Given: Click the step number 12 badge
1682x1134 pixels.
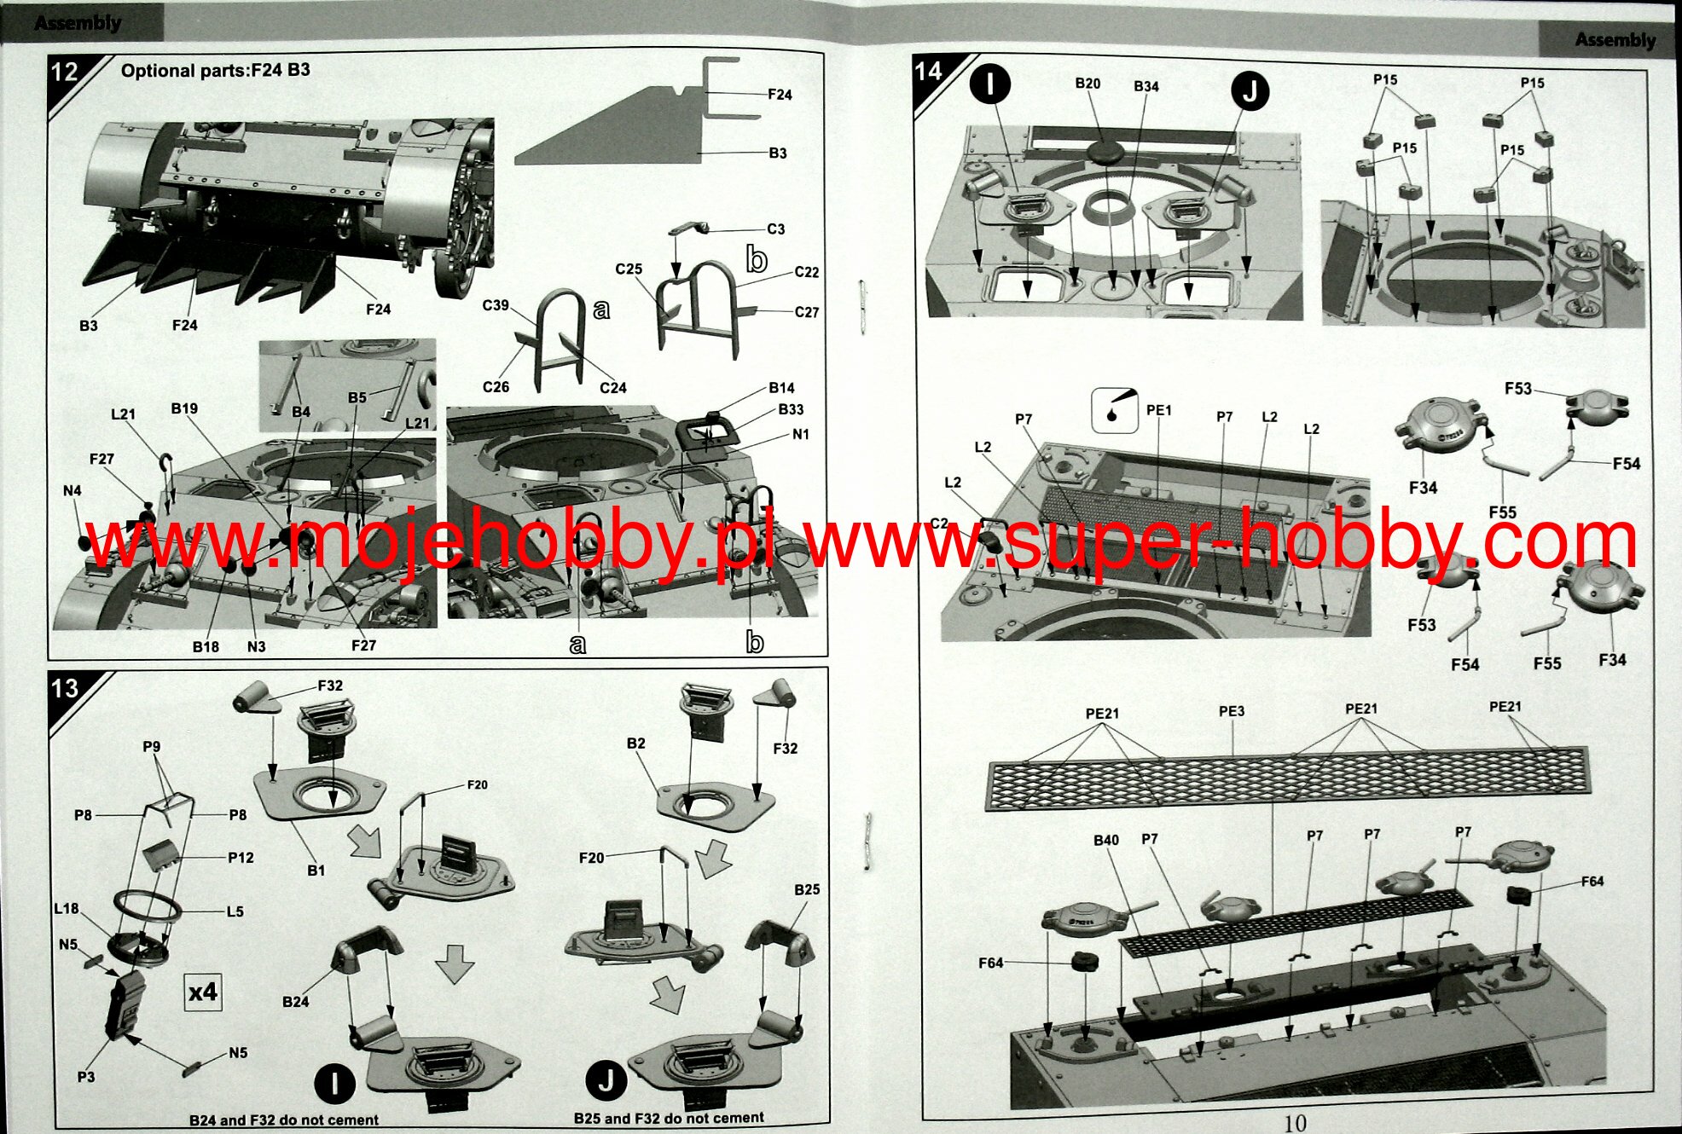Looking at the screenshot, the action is pyautogui.click(x=65, y=72).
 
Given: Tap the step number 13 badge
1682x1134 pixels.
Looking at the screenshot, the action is pyautogui.click(x=65, y=688).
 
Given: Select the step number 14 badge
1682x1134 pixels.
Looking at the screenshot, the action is pyautogui.click(x=928, y=71).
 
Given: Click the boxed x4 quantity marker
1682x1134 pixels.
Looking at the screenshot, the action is pyautogui.click(x=203, y=992).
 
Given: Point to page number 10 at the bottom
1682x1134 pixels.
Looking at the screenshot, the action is pyautogui.click(x=1295, y=1123).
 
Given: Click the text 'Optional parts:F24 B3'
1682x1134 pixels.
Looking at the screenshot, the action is pyautogui.click(x=216, y=71).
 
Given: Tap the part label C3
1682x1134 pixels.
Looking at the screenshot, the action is pyautogui.click(x=775, y=229).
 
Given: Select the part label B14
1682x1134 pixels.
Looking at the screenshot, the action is pyautogui.click(x=781, y=388).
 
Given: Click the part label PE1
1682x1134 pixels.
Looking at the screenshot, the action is pyautogui.click(x=1159, y=410).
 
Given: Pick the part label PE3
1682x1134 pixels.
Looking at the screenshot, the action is pyautogui.click(x=1231, y=711).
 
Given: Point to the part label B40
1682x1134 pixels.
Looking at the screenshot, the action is pyautogui.click(x=1106, y=840).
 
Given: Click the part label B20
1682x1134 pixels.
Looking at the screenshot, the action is pyautogui.click(x=1087, y=84).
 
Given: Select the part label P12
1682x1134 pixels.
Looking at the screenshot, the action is pyautogui.click(x=241, y=858).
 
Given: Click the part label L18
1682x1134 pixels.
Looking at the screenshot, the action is pyautogui.click(x=67, y=909).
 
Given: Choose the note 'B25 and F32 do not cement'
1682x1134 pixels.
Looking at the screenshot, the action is pyautogui.click(x=669, y=1118).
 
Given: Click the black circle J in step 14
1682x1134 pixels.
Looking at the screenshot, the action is pyautogui.click(x=1250, y=90).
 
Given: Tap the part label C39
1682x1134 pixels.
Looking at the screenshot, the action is pyautogui.click(x=496, y=305).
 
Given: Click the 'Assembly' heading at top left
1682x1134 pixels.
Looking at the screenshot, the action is pyautogui.click(x=78, y=23).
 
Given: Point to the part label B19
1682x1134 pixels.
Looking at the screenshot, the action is pyautogui.click(x=184, y=408).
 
